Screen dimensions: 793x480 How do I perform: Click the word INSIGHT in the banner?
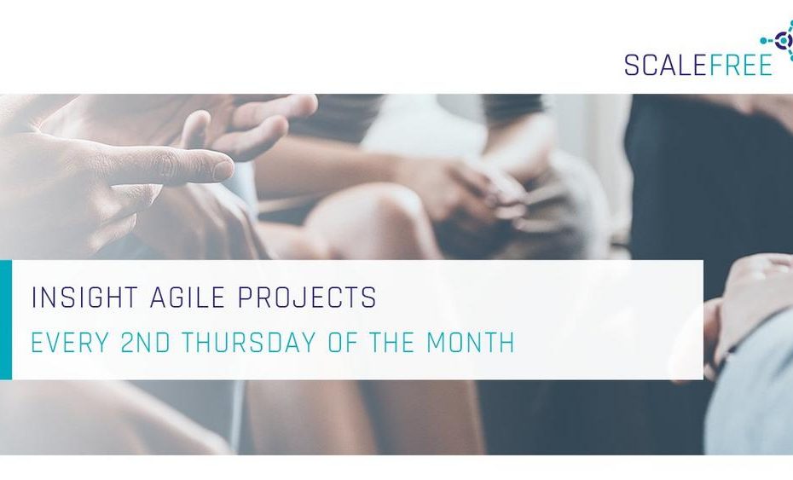click(x=84, y=298)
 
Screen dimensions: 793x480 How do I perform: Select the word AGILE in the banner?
click(x=188, y=298)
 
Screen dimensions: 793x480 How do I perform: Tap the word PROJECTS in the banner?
click(x=307, y=298)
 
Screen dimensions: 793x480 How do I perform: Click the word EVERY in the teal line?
click(x=70, y=343)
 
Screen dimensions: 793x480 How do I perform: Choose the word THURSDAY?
click(x=249, y=343)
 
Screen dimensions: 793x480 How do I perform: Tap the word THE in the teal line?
click(x=391, y=343)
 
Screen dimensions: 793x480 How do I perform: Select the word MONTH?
click(x=471, y=343)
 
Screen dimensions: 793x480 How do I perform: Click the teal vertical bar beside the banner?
click(x=6, y=320)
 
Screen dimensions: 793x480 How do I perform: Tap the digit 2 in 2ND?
click(x=129, y=343)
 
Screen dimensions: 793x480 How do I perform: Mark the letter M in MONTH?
click(x=437, y=343)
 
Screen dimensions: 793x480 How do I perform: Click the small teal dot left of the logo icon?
click(x=763, y=40)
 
